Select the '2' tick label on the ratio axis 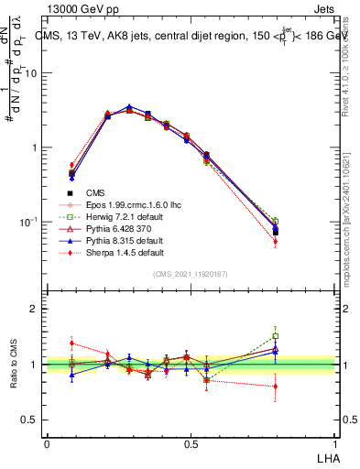pos(37,309)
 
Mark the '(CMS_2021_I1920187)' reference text pos(191,274)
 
